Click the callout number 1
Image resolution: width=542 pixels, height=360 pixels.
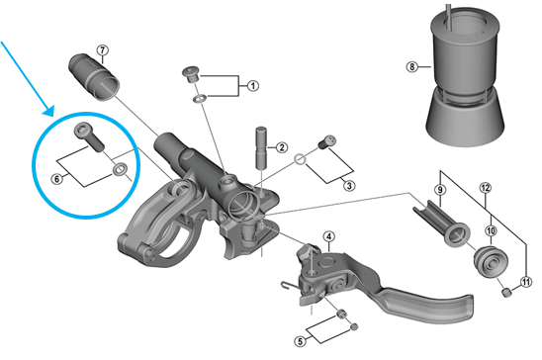[x=253, y=85]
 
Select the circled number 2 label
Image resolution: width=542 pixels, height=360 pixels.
[x=282, y=147]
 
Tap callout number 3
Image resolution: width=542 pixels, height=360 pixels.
[x=349, y=186]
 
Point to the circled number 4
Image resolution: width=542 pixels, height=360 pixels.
[x=329, y=236]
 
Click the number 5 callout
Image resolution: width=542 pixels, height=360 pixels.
[x=300, y=341]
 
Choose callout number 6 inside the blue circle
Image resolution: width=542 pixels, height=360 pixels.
[x=56, y=179]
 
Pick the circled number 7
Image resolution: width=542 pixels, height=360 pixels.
[x=102, y=50]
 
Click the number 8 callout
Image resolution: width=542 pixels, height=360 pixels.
[x=411, y=66]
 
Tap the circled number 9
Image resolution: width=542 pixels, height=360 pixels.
[x=440, y=190]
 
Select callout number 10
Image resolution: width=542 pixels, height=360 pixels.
[x=491, y=230]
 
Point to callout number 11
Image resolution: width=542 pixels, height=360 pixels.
[x=526, y=282]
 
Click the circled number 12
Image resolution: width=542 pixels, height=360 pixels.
[x=486, y=188]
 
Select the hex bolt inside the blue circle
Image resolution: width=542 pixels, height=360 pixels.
[x=89, y=136]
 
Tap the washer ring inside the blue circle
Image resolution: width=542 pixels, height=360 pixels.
[x=120, y=169]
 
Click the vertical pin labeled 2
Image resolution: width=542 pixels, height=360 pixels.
[x=262, y=148]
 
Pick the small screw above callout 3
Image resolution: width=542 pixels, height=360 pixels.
[x=326, y=141]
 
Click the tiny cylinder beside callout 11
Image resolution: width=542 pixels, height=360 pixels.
[x=506, y=293]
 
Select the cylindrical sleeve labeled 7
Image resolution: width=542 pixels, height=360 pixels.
[x=94, y=77]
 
